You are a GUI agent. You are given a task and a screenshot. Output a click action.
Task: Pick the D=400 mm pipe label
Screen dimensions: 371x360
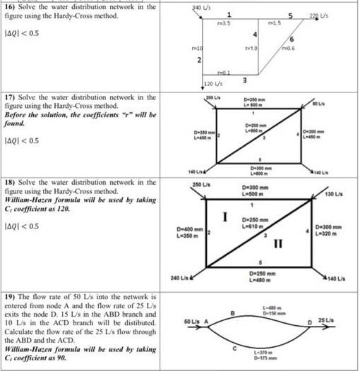[x=189, y=229]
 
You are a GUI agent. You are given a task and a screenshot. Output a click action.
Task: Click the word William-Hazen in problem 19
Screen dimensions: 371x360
[x=32, y=348]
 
